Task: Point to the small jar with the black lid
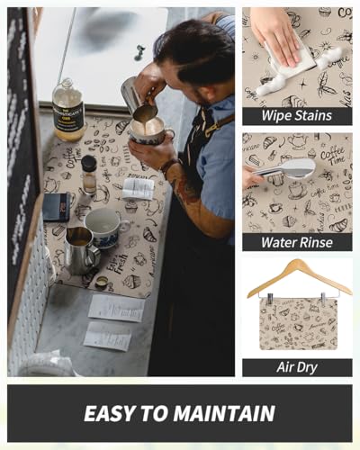tap(89, 175)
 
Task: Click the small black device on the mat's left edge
tap(56, 206)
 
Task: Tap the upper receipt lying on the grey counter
tap(115, 307)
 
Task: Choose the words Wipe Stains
tap(296, 115)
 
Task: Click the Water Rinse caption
tap(296, 242)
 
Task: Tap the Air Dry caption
tap(296, 366)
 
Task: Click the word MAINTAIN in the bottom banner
tap(224, 413)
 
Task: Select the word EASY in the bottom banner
tap(107, 413)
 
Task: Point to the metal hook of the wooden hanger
tap(296, 264)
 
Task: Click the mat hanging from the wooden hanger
tap(296, 322)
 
